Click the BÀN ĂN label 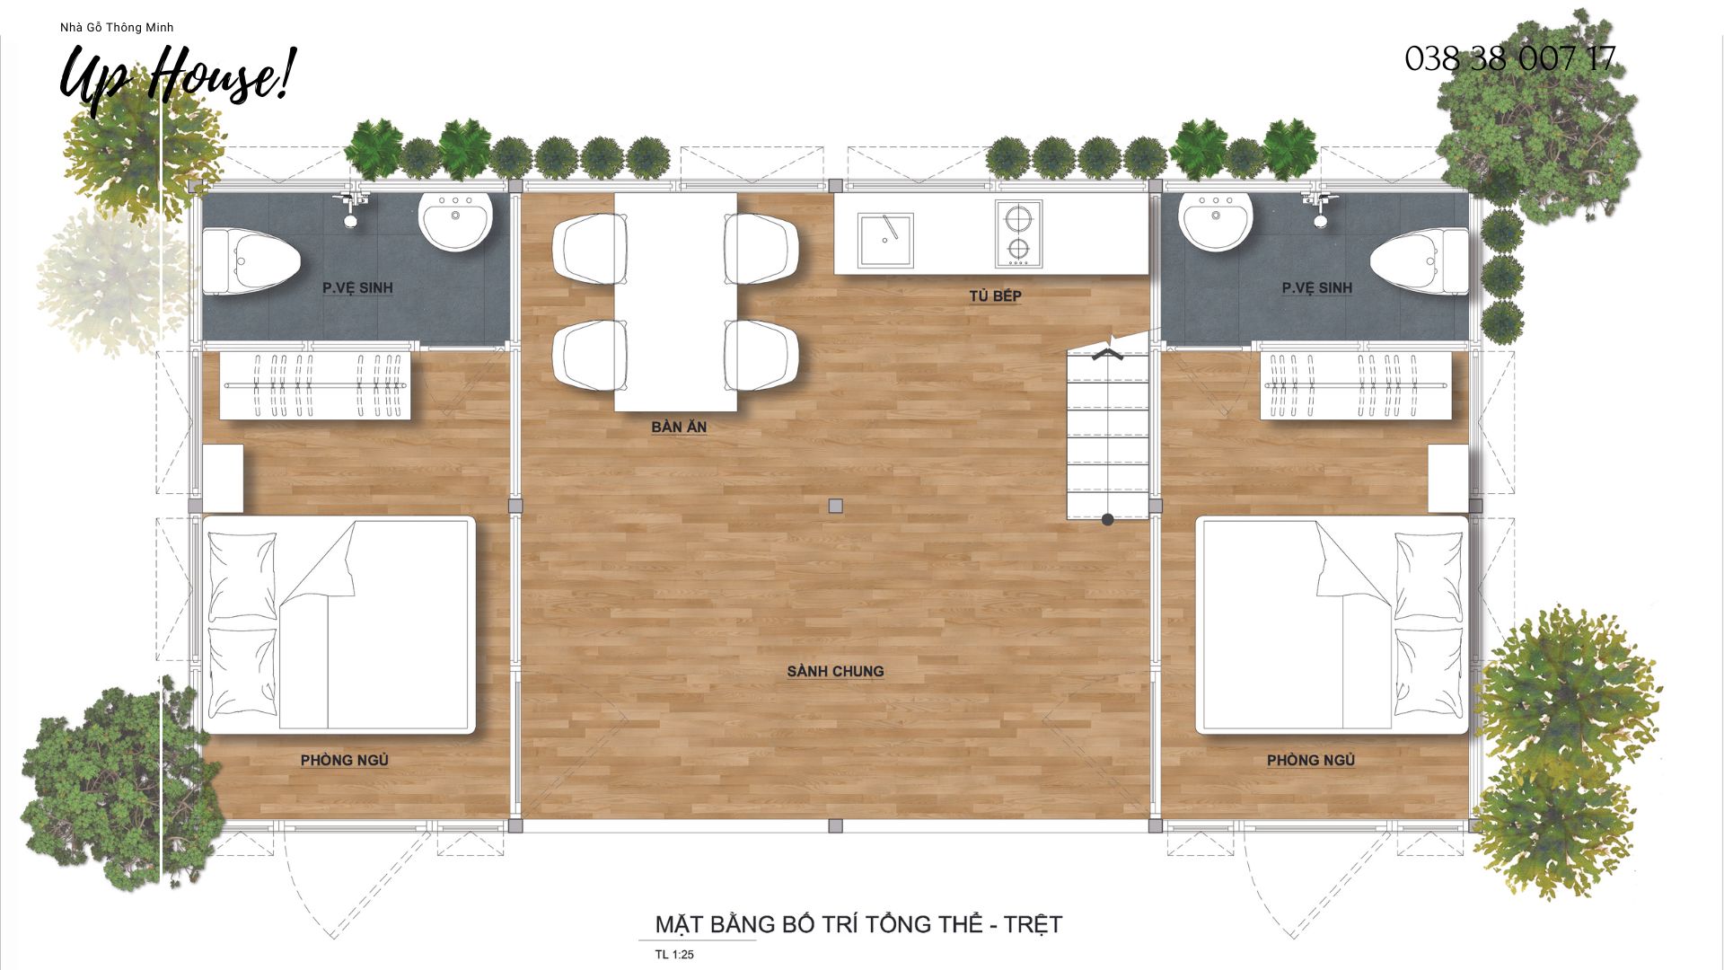[x=679, y=427]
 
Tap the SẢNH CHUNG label [x=835, y=671]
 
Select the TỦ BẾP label [x=995, y=295]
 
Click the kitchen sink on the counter [x=884, y=240]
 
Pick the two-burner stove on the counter [x=1018, y=234]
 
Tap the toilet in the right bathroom [x=1420, y=261]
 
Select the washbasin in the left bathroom [x=455, y=219]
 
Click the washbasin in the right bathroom [x=1216, y=219]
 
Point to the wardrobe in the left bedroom [x=315, y=385]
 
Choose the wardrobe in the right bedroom [x=1355, y=385]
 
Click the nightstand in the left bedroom [x=223, y=478]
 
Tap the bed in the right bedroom [x=1332, y=624]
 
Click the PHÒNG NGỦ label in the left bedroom [x=344, y=760]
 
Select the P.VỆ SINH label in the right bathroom [x=1316, y=287]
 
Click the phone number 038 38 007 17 [x=1509, y=59]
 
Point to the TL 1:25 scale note [x=674, y=954]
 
